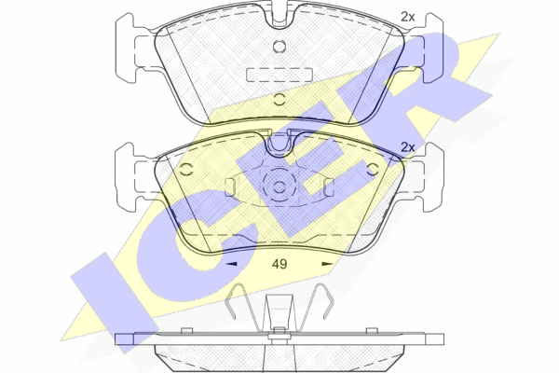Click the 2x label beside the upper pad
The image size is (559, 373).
coord(408,17)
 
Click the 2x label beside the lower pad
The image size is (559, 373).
coord(408,147)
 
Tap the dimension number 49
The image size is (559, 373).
coord(279,264)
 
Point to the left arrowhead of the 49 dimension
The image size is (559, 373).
coord(232,264)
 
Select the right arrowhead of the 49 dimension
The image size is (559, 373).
coord(327,264)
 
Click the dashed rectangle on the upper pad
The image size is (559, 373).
coord(279,75)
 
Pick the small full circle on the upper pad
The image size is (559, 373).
coord(279,47)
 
